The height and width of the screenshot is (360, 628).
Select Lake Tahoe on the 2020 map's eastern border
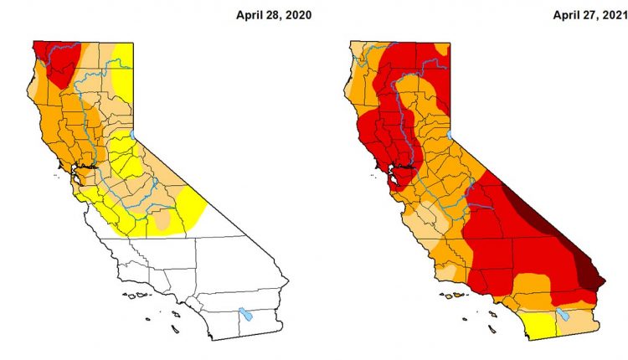(133, 134)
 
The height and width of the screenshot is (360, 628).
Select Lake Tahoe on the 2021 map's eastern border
(449, 134)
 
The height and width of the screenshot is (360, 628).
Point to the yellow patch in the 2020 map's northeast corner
(124, 63)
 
